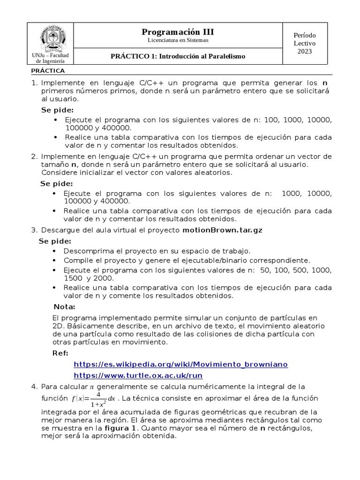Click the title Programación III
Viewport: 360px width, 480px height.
point(178,32)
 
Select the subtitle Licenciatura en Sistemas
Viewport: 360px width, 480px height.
point(178,40)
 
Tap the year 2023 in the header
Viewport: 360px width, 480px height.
point(305,51)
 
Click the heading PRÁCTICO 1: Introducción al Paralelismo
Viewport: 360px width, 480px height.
point(178,56)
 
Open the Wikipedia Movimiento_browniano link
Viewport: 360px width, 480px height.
point(180,364)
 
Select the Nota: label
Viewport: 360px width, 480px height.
point(65,307)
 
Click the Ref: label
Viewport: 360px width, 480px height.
point(60,353)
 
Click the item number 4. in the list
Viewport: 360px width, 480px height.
point(34,387)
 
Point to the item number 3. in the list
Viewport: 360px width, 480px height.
point(34,230)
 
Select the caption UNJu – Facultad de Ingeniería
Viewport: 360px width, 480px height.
point(50,58)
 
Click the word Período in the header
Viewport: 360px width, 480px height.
point(305,35)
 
